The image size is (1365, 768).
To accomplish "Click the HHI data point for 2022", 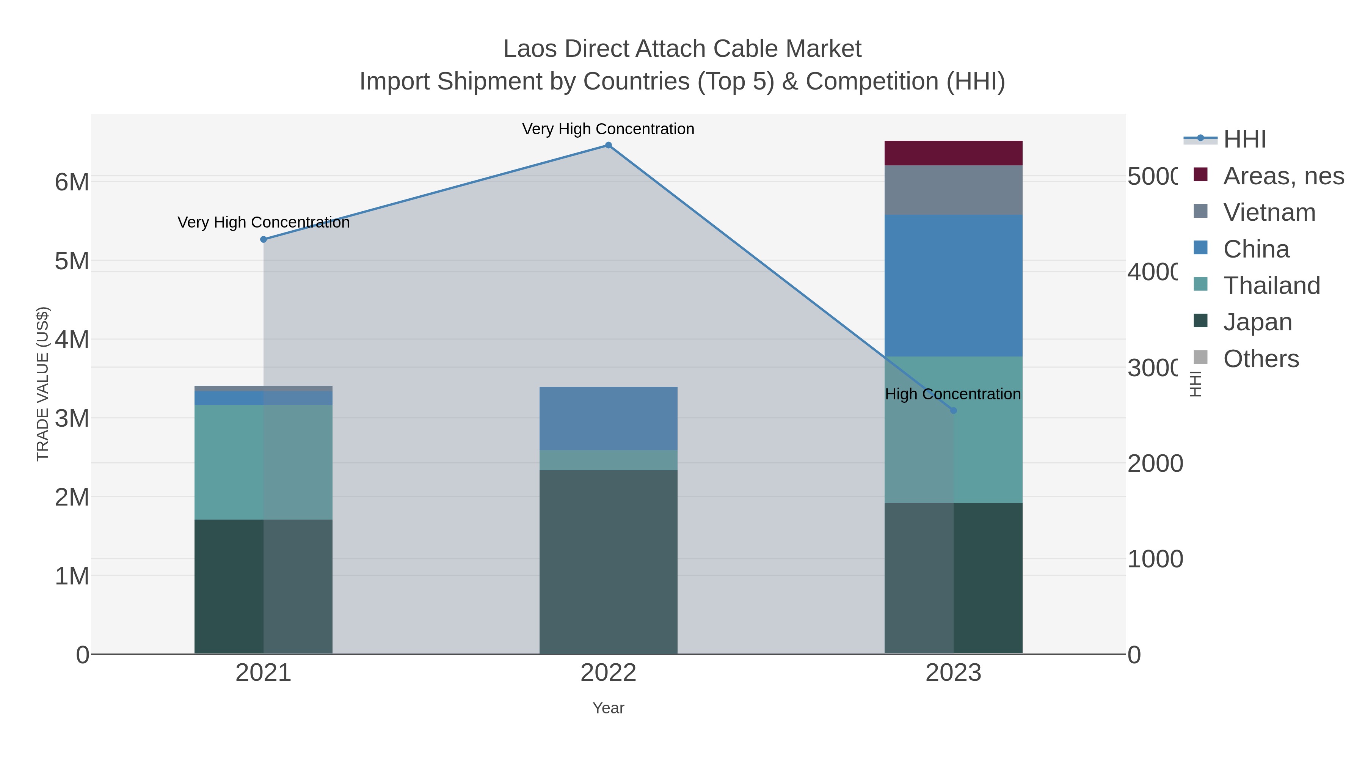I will [608, 145].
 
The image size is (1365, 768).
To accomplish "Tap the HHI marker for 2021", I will [264, 240].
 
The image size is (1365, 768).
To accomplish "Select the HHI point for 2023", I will [953, 410].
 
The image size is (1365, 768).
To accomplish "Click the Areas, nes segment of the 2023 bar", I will [953, 153].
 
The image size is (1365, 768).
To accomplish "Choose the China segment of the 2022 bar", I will [608, 418].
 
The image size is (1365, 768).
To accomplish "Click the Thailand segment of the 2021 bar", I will [264, 462].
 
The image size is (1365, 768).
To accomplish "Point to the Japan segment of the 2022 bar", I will [608, 562].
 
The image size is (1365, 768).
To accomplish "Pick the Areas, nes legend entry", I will [1282, 176].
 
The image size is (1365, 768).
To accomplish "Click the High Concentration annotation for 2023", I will [953, 394].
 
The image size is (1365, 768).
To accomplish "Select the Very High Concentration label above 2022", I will [608, 129].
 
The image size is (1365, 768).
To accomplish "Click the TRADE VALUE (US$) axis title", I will [42, 384].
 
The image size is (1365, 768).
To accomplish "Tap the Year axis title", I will [608, 708].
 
